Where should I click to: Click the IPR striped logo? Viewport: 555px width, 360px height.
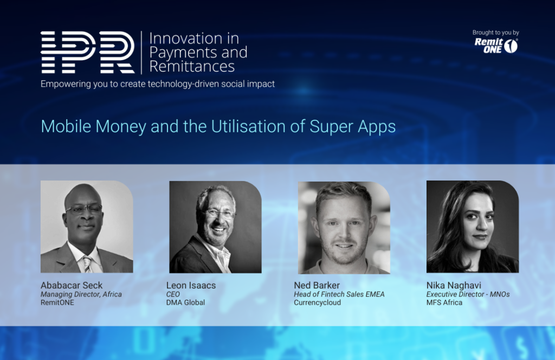[x=87, y=53]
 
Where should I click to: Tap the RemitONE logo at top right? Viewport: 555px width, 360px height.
[x=496, y=46]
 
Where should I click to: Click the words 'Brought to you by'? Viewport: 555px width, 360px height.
[x=495, y=33]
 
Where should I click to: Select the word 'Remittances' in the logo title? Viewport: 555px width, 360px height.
[x=192, y=66]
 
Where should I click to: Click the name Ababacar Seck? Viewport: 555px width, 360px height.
[x=72, y=285]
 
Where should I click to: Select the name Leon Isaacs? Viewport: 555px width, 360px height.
[x=191, y=285]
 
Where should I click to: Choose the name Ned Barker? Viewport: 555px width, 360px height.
[x=317, y=285]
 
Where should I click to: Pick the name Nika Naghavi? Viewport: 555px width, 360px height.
[x=454, y=285]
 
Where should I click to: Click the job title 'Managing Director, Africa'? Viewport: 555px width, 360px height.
[x=81, y=294]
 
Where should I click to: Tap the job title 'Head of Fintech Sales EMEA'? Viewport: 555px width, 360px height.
[x=339, y=294]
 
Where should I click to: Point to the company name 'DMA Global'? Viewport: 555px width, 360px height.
[x=185, y=303]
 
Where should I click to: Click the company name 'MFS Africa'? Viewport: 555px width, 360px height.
[x=444, y=303]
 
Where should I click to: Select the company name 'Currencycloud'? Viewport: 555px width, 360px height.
[x=318, y=303]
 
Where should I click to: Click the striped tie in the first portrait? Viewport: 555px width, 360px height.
[x=87, y=263]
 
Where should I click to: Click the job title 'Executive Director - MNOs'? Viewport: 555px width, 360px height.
[x=468, y=294]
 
